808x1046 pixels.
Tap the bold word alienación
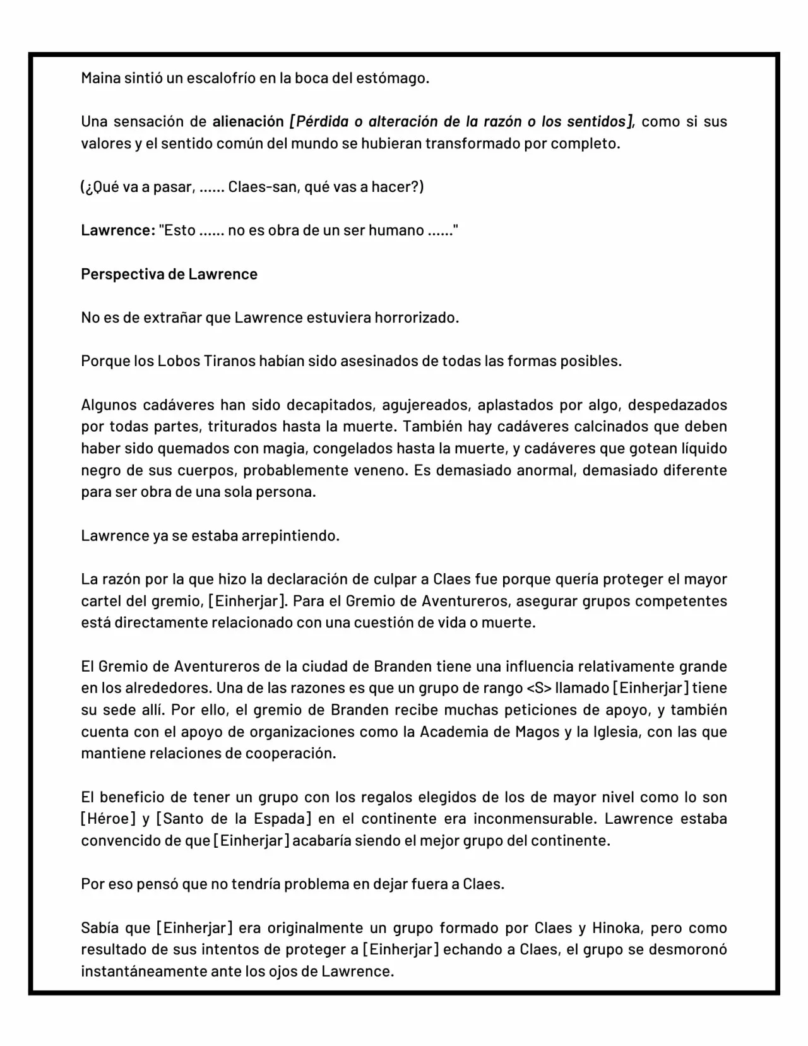coord(248,122)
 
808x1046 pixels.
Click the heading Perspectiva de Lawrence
coord(169,275)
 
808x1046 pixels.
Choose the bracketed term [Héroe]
coord(108,819)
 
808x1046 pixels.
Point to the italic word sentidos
coord(600,122)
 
